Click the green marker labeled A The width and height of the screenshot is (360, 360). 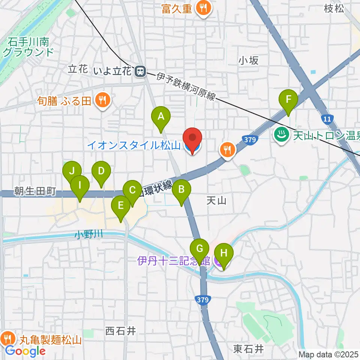(161, 117)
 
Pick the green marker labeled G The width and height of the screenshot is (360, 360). (199, 249)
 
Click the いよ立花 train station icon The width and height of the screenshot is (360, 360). (141, 70)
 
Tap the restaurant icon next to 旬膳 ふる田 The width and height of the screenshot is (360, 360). (102, 100)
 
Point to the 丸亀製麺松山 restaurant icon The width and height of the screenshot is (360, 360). (7, 339)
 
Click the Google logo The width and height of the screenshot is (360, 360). (25, 351)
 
